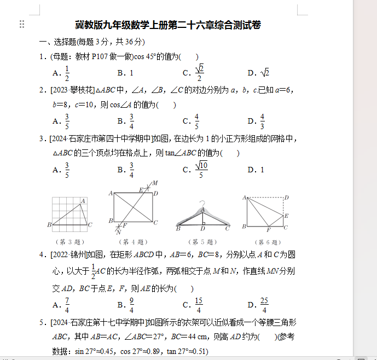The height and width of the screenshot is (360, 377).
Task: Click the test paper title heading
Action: point(167,25)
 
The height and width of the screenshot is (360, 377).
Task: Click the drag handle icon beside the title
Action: point(22,24)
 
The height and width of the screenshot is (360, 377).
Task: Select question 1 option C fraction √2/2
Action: point(200,72)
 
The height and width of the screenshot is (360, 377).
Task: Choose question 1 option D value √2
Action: point(264,73)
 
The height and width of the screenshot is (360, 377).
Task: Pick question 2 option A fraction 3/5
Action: point(67,121)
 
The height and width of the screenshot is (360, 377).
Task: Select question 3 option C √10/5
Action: point(201,170)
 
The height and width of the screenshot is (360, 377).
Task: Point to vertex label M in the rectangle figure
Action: point(155,183)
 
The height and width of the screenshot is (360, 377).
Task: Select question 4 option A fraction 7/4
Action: point(67,304)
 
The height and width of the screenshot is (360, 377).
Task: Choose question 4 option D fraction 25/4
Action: point(264,304)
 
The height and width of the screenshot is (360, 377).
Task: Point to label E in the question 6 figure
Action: point(286,216)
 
